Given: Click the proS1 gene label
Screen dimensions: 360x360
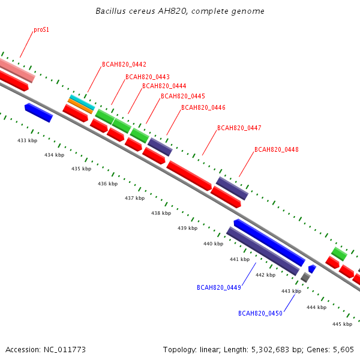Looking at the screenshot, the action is (41, 30).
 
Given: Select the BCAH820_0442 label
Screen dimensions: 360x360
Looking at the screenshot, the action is (124, 64).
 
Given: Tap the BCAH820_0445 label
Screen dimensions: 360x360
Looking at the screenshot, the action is (183, 96).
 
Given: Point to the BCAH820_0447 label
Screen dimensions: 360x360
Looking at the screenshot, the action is (239, 128).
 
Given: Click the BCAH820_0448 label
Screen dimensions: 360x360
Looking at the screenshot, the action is (277, 149).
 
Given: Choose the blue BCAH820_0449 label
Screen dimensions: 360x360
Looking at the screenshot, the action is (219, 287).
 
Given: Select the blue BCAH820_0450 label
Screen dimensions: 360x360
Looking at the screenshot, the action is (260, 313).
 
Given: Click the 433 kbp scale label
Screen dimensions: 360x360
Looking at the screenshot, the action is (28, 140).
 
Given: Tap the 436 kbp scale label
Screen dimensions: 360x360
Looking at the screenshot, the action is (107, 184).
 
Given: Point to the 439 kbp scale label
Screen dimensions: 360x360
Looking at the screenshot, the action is (187, 228).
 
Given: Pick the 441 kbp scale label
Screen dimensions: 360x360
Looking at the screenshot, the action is (239, 259).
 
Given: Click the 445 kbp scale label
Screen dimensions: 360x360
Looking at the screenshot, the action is (342, 324).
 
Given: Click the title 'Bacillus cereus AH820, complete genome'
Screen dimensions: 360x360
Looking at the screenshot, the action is (180, 11).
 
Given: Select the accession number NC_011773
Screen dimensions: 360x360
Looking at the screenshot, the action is (65, 350).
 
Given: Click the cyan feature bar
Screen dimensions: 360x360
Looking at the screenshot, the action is (82, 102).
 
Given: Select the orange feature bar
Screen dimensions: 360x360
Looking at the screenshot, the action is (80, 106).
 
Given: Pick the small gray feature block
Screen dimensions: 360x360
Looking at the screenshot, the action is (305, 277).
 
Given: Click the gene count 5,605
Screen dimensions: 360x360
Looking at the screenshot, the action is (343, 350).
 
